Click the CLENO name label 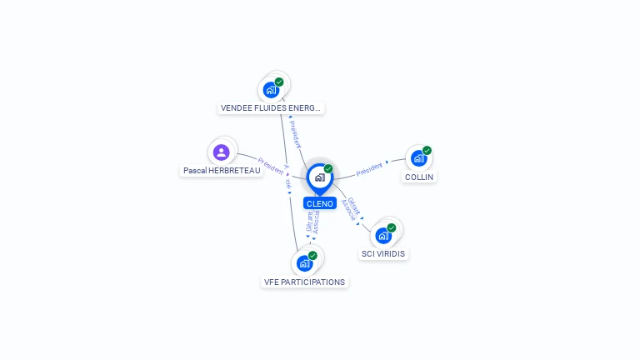[320, 203]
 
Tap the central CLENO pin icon [319, 177]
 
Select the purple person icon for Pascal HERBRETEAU [221, 152]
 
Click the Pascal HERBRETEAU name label [222, 171]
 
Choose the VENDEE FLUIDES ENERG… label [271, 107]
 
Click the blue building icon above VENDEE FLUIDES [270, 90]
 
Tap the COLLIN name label [419, 177]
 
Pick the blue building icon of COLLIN [418, 158]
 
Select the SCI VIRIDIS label [385, 253]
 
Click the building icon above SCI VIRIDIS [383, 236]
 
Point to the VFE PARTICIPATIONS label [304, 282]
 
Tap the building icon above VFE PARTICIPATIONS [304, 263]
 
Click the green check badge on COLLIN [427, 151]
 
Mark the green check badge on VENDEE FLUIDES [279, 82]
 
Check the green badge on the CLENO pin [328, 169]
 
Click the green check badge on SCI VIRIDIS [392, 227]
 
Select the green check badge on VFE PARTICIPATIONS [312, 256]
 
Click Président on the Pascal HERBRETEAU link [271, 165]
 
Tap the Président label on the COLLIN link [369, 169]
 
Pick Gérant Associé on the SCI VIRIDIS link [351, 209]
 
